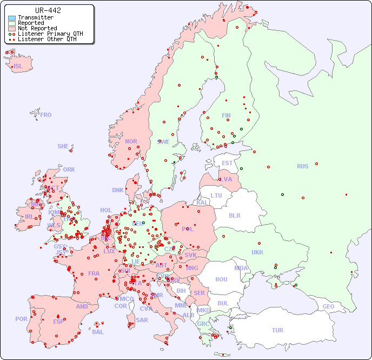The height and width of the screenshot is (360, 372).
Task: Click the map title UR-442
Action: coord(48,10)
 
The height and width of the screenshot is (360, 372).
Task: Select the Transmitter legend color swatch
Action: coord(12,18)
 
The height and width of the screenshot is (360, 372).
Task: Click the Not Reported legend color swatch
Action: coord(12,28)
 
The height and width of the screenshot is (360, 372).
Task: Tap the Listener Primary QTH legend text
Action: coord(50,34)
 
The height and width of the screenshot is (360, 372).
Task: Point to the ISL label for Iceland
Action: coord(18,67)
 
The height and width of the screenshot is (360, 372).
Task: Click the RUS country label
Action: coord(302,166)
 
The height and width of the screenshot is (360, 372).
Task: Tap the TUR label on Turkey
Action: coord(277,330)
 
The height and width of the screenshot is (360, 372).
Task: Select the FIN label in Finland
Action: coord(226,115)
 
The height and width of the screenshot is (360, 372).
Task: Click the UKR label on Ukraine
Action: coord(257,252)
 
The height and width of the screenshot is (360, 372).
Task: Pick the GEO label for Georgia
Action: coord(328,306)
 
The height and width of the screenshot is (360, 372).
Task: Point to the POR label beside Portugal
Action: coord(21,319)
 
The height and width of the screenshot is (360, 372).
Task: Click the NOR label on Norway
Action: coord(131,141)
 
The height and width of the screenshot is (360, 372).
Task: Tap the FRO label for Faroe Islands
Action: coord(46,115)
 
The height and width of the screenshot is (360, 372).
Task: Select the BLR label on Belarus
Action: coord(234,215)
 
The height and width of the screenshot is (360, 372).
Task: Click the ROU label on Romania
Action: coord(221,279)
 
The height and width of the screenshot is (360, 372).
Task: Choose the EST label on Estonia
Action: coord(227,163)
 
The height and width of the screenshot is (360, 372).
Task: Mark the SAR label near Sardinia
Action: coord(142,320)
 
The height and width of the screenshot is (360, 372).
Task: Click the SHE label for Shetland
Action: coord(63,146)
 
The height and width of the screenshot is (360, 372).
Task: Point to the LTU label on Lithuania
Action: coord(216,195)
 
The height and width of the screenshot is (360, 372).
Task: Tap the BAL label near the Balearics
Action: coord(98,332)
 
